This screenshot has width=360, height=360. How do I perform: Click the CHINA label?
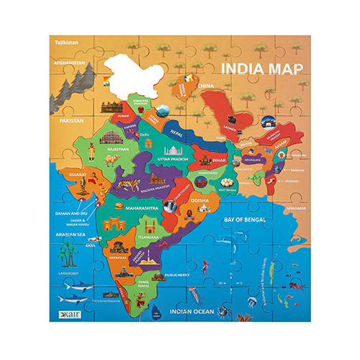pos(208,85)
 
